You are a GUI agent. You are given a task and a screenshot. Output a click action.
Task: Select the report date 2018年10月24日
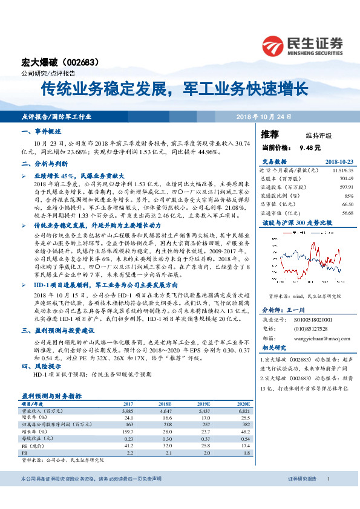[x=263, y=115]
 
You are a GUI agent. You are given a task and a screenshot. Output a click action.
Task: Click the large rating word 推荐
[x=270, y=134]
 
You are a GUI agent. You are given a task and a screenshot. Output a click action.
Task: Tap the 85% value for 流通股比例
[x=348, y=195]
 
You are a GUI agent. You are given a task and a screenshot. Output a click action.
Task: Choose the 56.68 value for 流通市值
[x=346, y=212]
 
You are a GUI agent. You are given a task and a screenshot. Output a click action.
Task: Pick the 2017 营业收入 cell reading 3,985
[x=127, y=410]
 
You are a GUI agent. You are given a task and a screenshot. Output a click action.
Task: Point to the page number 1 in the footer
[x=328, y=496]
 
